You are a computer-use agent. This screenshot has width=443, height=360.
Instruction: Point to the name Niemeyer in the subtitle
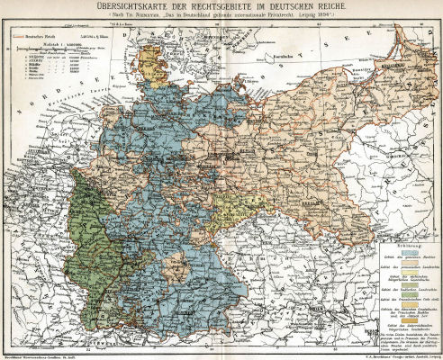point(153,20)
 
